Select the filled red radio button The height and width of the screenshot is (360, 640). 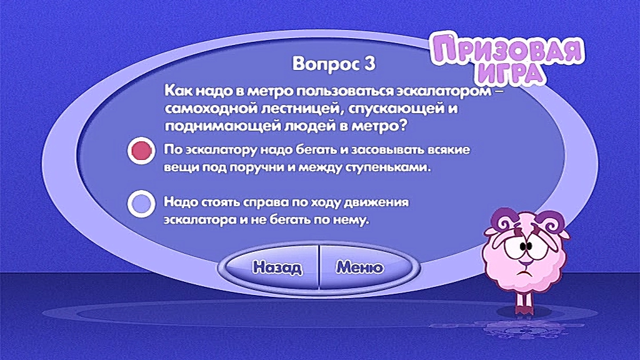[141, 151]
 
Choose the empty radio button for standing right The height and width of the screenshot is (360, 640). [141, 203]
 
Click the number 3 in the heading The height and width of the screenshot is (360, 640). [369, 64]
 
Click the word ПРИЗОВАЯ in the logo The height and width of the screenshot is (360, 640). [507, 50]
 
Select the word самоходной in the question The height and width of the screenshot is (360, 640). [211, 109]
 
